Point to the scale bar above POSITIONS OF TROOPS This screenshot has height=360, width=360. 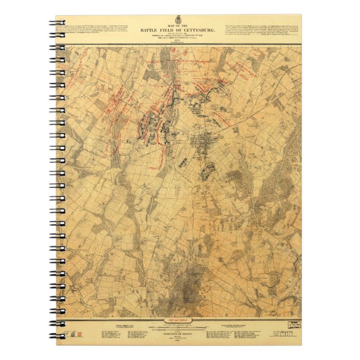click(179, 328)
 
